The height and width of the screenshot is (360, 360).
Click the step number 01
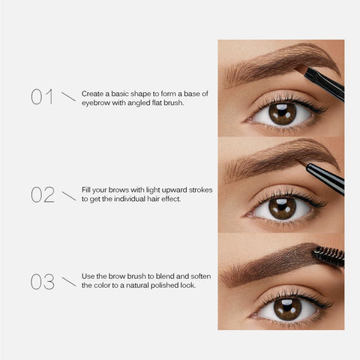(x=42, y=97)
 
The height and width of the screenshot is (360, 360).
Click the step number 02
(x=43, y=195)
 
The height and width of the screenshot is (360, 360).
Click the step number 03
(x=43, y=282)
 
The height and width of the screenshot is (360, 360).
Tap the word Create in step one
(x=91, y=92)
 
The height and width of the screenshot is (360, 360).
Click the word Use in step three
(x=88, y=277)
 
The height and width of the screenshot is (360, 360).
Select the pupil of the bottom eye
(x=286, y=307)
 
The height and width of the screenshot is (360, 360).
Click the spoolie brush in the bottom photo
(x=328, y=256)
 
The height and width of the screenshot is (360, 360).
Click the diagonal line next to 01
(x=68, y=97)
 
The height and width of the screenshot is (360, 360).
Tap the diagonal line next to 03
(x=68, y=282)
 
